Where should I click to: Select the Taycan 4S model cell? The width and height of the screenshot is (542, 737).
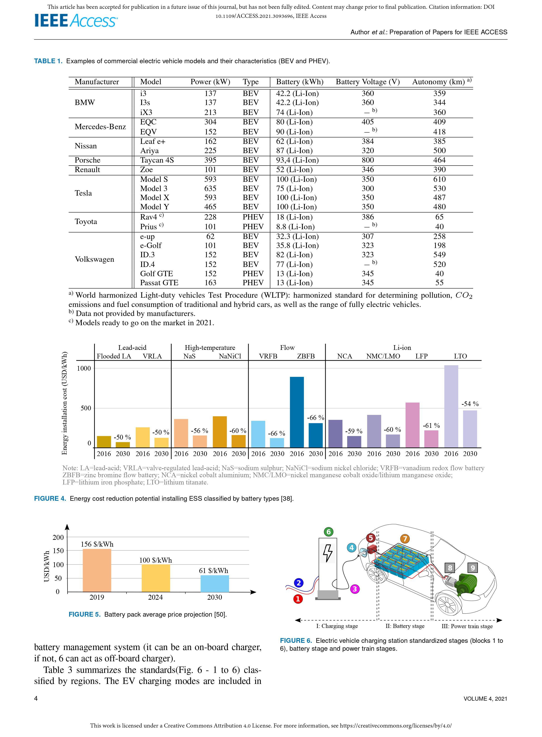click(157, 160)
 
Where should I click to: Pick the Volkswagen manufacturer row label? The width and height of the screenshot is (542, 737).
click(94, 259)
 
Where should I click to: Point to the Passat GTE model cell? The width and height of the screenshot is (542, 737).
click(159, 283)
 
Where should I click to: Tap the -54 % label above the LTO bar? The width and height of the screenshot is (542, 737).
click(470, 404)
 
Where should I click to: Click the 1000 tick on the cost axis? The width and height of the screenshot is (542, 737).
click(84, 369)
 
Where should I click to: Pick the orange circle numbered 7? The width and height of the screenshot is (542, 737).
click(405, 538)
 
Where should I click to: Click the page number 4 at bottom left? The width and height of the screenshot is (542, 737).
click(36, 699)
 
